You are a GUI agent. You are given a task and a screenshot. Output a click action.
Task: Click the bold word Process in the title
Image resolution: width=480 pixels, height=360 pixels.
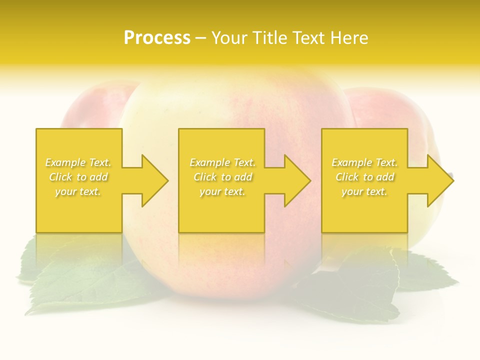(157, 38)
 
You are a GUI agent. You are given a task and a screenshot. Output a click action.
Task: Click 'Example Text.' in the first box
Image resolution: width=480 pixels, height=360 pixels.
(78, 162)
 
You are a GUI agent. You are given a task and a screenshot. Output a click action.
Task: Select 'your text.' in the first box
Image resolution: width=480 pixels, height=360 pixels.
(78, 191)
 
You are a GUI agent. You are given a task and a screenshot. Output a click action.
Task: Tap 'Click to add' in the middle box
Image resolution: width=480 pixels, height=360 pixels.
(222, 177)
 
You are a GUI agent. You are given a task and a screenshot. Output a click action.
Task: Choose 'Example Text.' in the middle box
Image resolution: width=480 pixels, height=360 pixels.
(222, 162)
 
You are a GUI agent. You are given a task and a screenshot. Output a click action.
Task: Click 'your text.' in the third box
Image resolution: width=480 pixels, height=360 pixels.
(364, 191)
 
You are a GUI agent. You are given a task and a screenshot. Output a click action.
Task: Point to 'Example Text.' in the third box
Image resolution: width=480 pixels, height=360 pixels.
(364, 162)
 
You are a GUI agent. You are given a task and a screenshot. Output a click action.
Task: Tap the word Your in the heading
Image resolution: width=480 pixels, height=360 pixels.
(230, 38)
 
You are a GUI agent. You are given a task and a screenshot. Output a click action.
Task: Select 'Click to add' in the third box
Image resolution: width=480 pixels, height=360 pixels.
(364, 177)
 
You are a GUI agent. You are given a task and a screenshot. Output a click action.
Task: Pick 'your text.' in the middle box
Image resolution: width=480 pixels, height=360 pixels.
(222, 191)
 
